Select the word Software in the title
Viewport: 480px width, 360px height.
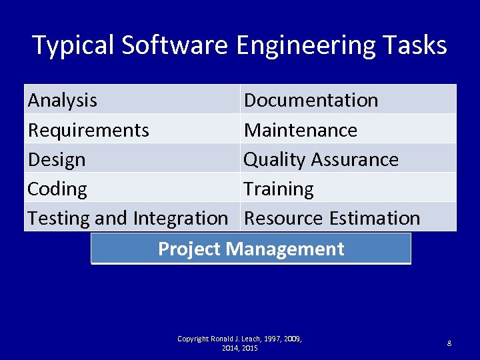(175, 45)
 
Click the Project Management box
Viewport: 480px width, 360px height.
(251, 249)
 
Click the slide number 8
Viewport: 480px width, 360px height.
(449, 343)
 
